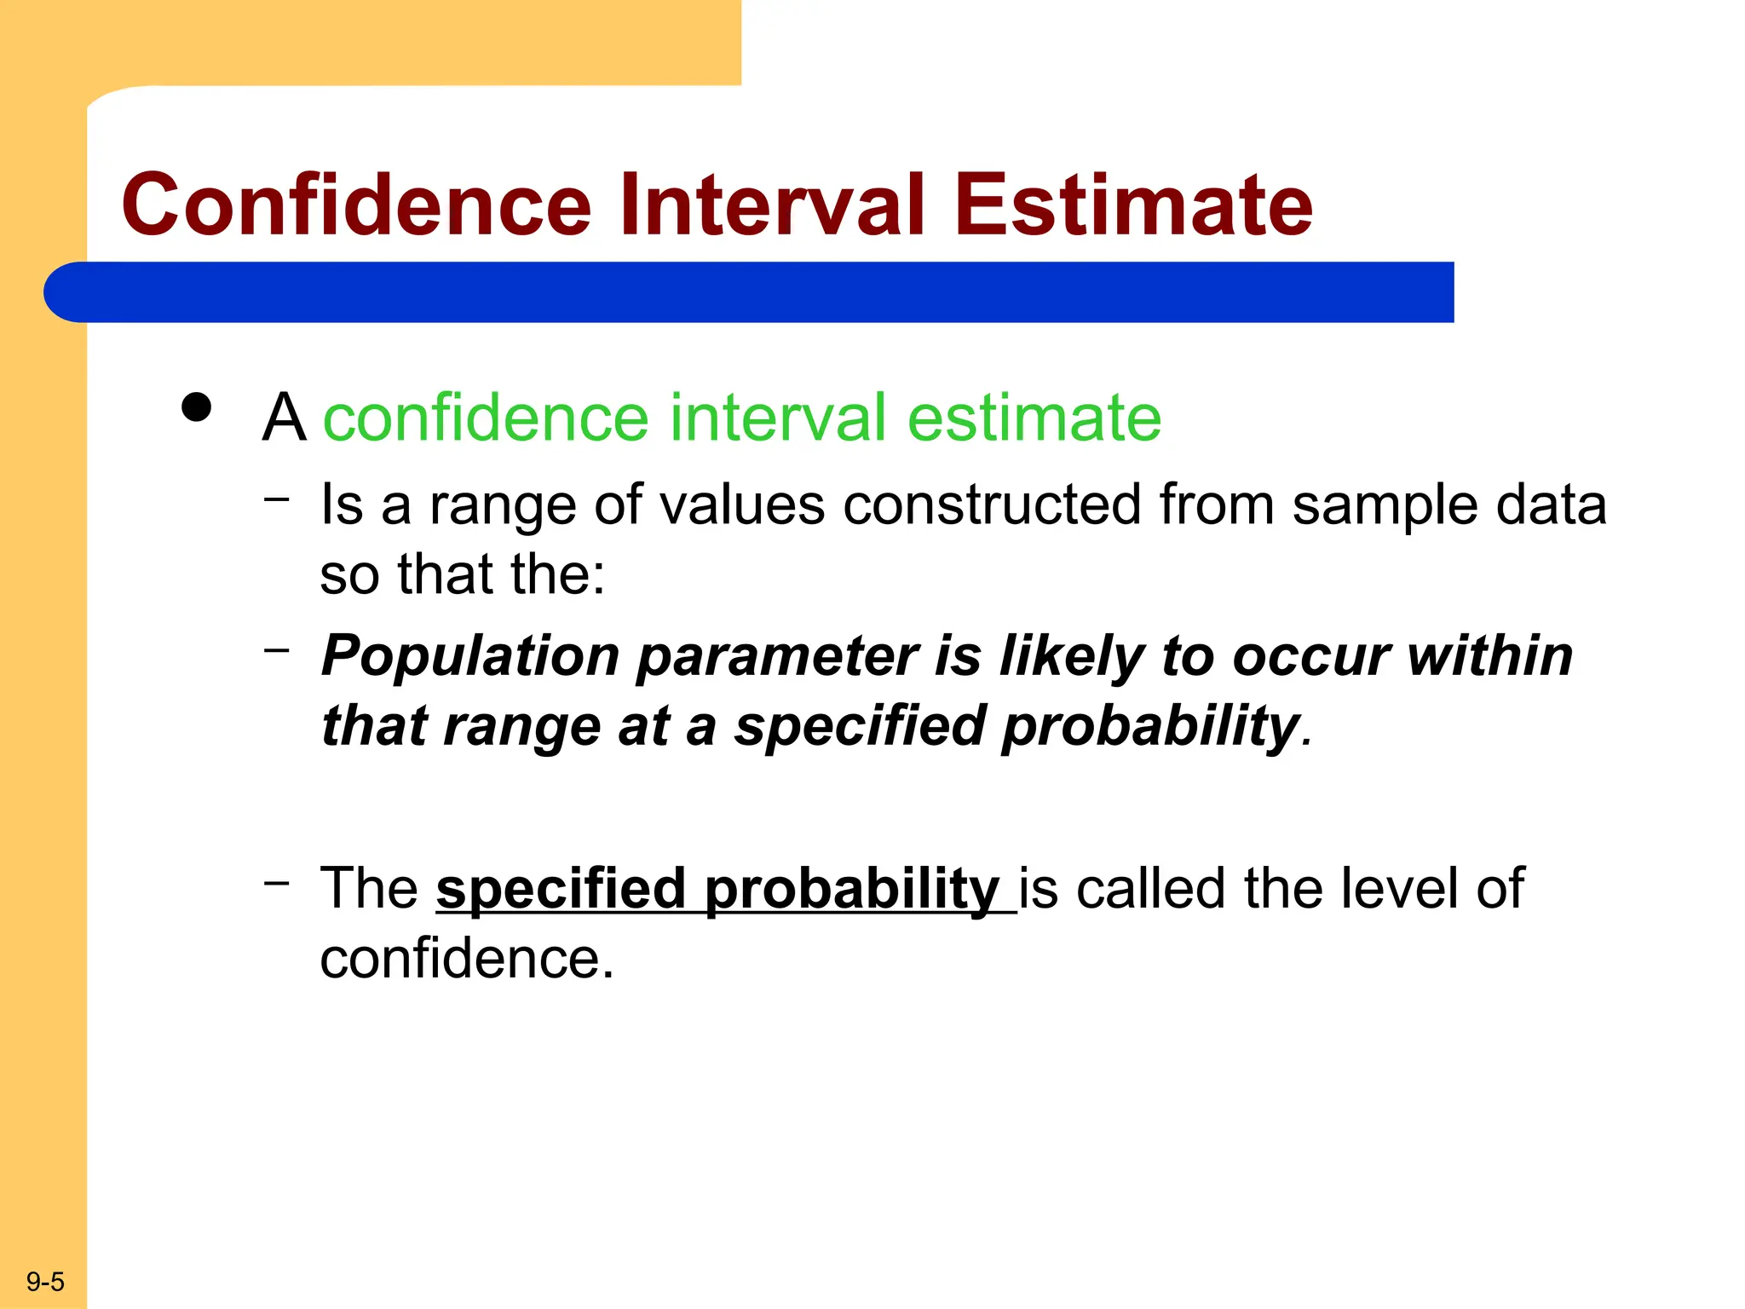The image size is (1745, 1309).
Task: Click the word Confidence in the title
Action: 356,205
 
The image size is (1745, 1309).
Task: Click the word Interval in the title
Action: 771,205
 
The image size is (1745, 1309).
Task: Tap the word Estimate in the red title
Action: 1133,205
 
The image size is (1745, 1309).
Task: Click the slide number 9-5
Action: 45,1282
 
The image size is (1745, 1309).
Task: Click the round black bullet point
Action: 197,407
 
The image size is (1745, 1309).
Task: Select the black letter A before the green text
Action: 284,418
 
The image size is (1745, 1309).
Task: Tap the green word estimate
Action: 1034,418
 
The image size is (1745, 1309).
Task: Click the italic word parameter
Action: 777,657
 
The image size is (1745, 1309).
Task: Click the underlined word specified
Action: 561,889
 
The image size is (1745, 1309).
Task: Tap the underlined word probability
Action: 852,889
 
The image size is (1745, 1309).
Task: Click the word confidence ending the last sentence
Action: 461,960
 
